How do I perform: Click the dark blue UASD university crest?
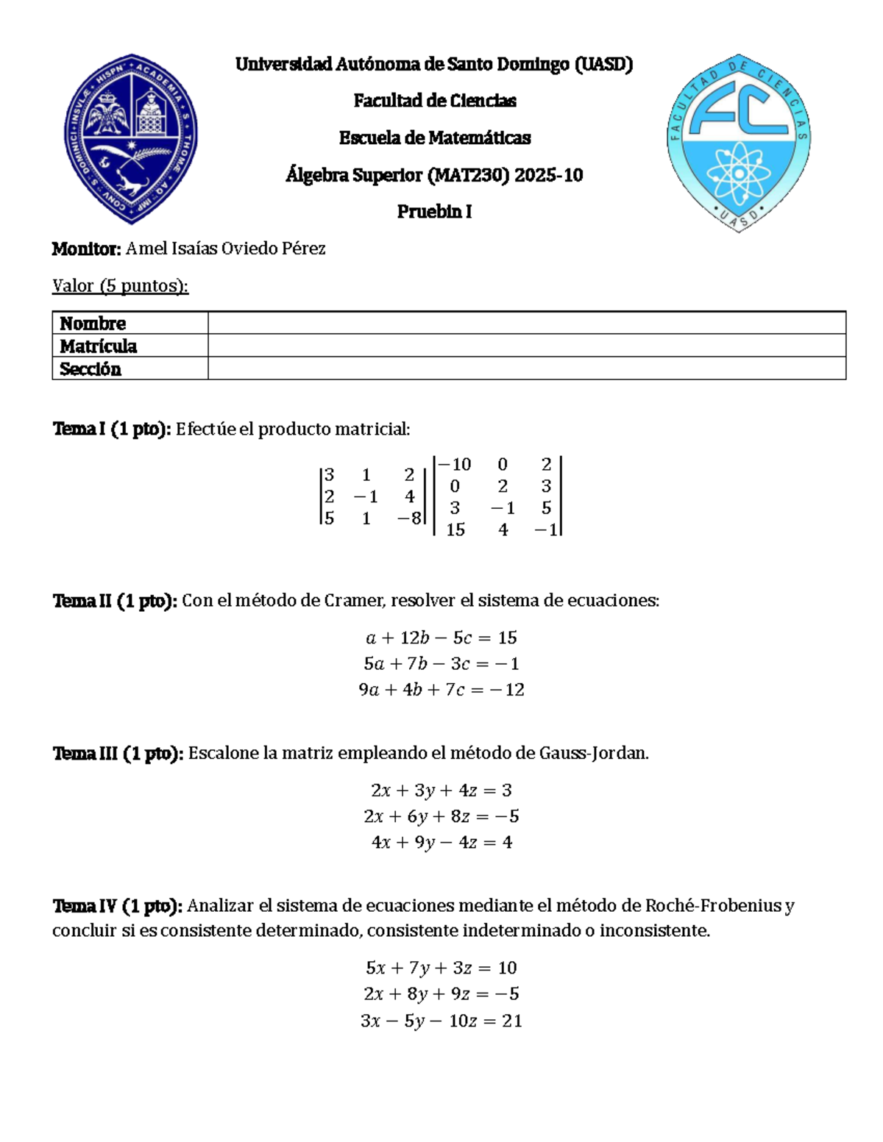[130, 138]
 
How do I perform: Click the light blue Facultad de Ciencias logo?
[738, 142]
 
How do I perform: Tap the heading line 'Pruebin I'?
[434, 212]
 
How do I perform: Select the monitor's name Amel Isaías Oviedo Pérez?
[225, 249]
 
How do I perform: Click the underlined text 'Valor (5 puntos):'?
[120, 285]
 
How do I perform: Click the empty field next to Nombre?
[526, 323]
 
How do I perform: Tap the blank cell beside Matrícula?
[526, 346]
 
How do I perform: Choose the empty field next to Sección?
[526, 368]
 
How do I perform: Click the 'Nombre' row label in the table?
[93, 324]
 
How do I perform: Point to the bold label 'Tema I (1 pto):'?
[112, 429]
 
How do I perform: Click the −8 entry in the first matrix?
[409, 518]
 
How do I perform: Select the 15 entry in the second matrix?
[455, 529]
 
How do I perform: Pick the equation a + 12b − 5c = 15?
[441, 638]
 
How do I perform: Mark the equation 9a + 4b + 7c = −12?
[441, 690]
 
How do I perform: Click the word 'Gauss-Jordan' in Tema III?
[592, 754]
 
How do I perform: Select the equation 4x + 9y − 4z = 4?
[441, 843]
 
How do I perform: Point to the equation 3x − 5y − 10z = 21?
[441, 1021]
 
